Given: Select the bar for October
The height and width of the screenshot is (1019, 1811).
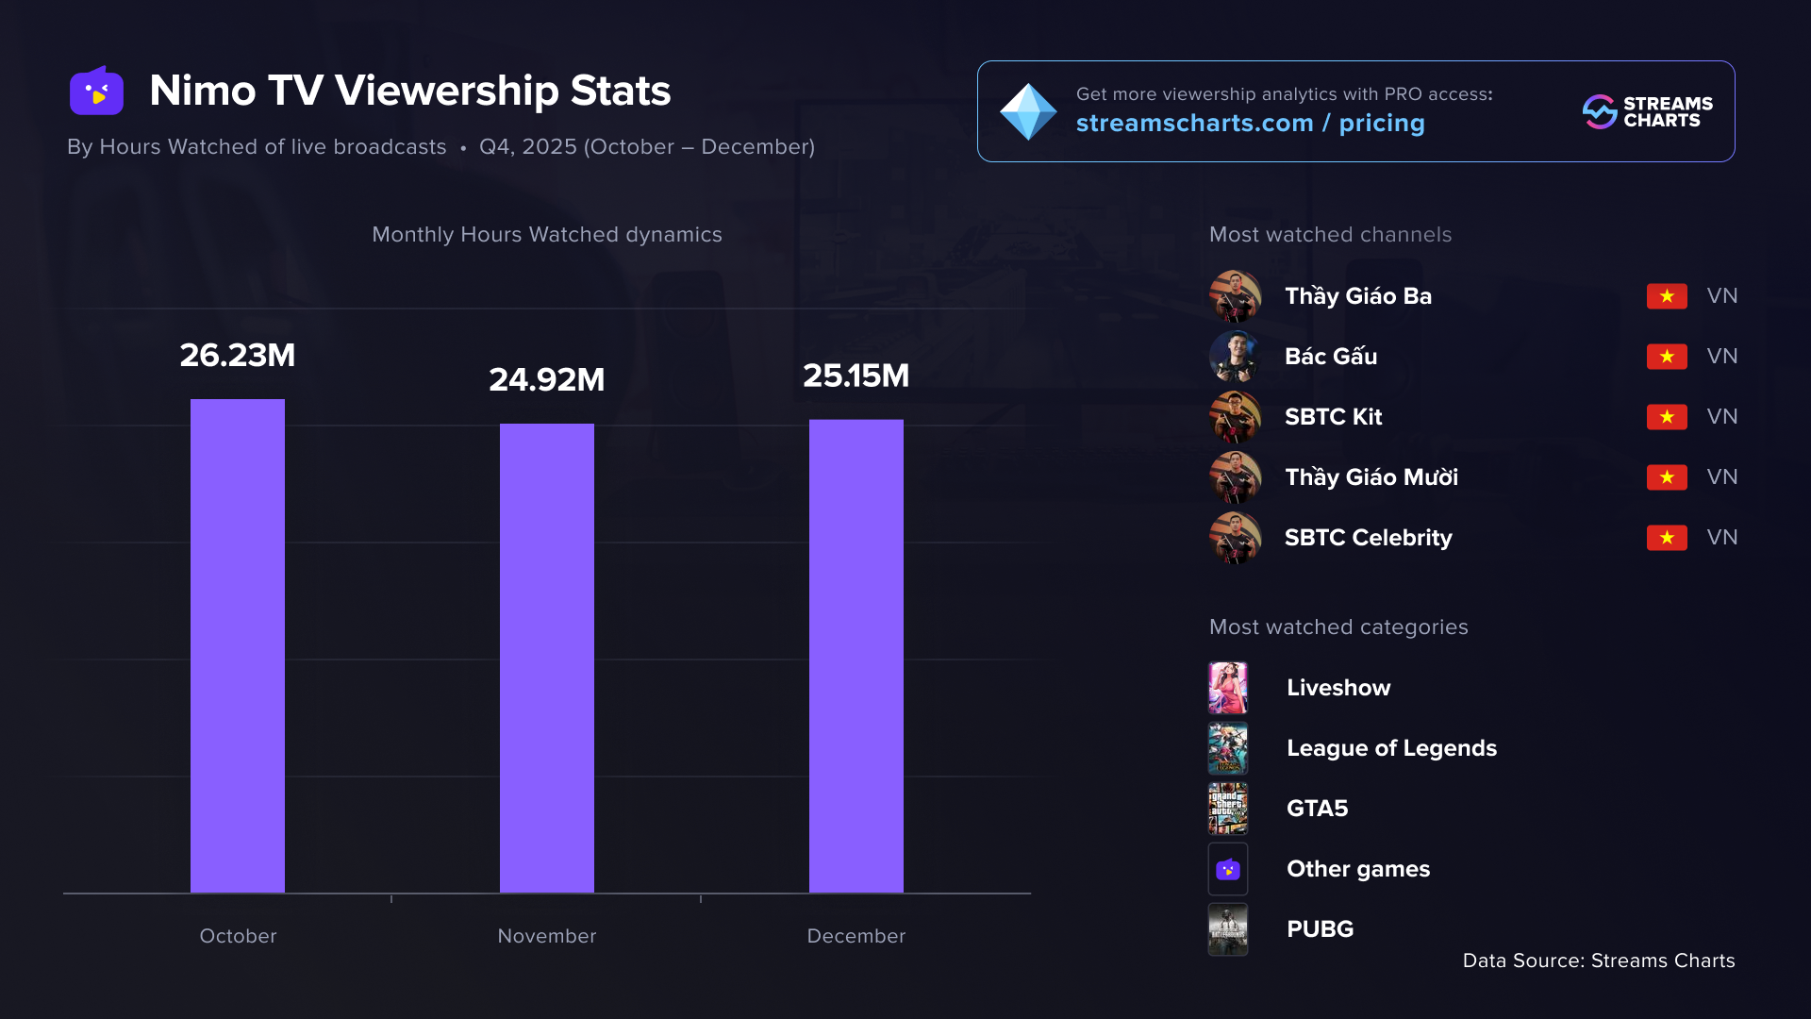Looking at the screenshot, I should click(x=238, y=645).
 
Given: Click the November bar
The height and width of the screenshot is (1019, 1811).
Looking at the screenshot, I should click(x=547, y=658).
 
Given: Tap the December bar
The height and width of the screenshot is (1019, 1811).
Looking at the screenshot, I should click(x=856, y=656).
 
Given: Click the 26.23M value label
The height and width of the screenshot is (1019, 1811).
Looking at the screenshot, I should click(x=238, y=356).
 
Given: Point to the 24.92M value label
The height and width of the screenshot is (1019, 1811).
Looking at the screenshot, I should click(x=547, y=380).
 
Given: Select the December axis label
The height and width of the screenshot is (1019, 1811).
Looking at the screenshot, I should click(x=856, y=936).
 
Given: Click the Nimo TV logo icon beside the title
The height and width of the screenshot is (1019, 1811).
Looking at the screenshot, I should click(x=97, y=92).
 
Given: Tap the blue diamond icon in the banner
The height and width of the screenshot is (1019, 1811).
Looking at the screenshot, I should click(x=1028, y=111).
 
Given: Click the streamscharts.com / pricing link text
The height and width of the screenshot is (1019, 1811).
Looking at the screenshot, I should click(x=1250, y=124).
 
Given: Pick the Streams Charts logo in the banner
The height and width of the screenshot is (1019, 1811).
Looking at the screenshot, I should click(x=1648, y=111).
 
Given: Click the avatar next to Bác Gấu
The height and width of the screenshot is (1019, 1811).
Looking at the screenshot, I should click(x=1235, y=357).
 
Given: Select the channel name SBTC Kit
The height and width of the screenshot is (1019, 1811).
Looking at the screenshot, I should click(x=1333, y=417).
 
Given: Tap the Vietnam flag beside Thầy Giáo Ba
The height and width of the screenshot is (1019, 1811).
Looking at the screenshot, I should click(x=1667, y=296).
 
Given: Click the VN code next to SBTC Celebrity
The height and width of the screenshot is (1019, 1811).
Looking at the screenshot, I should click(x=1721, y=538).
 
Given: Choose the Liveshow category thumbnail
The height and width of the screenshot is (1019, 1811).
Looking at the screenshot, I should click(x=1228, y=688).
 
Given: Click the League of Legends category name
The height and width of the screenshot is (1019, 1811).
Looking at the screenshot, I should click(x=1391, y=748).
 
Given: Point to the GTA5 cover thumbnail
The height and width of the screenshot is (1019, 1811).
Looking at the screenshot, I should click(x=1228, y=809).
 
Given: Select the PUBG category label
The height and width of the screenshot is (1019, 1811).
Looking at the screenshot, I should click(x=1320, y=929).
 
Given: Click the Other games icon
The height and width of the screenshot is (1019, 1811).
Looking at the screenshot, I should click(x=1228, y=869).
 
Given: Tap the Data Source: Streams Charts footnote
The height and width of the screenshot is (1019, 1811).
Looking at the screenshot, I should click(x=1598, y=961).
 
